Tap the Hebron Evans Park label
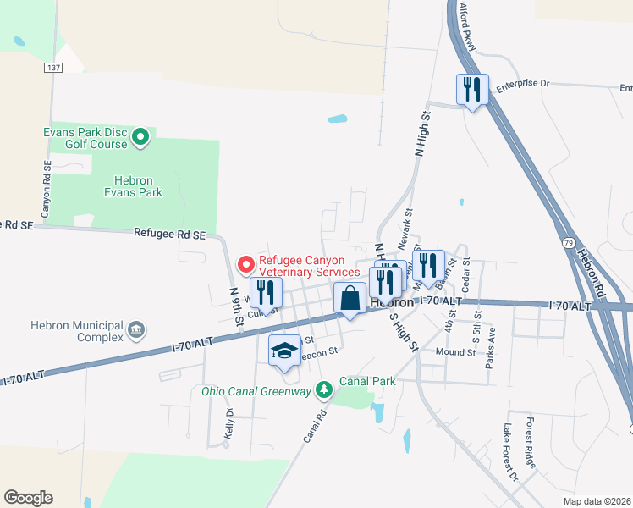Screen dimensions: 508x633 [138, 186]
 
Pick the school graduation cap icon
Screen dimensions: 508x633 [285, 351]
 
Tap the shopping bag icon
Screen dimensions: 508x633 [350, 299]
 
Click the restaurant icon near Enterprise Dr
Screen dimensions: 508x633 [472, 90]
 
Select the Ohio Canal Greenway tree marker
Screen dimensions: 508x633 [322, 389]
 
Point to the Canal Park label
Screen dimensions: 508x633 [367, 382]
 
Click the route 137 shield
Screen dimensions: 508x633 [54, 68]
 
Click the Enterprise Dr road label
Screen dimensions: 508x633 [523, 84]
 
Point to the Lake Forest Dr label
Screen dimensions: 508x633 [510, 452]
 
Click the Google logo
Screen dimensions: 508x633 [28, 498]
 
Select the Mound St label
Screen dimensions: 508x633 [456, 351]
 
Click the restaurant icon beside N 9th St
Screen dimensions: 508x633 [266, 292]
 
